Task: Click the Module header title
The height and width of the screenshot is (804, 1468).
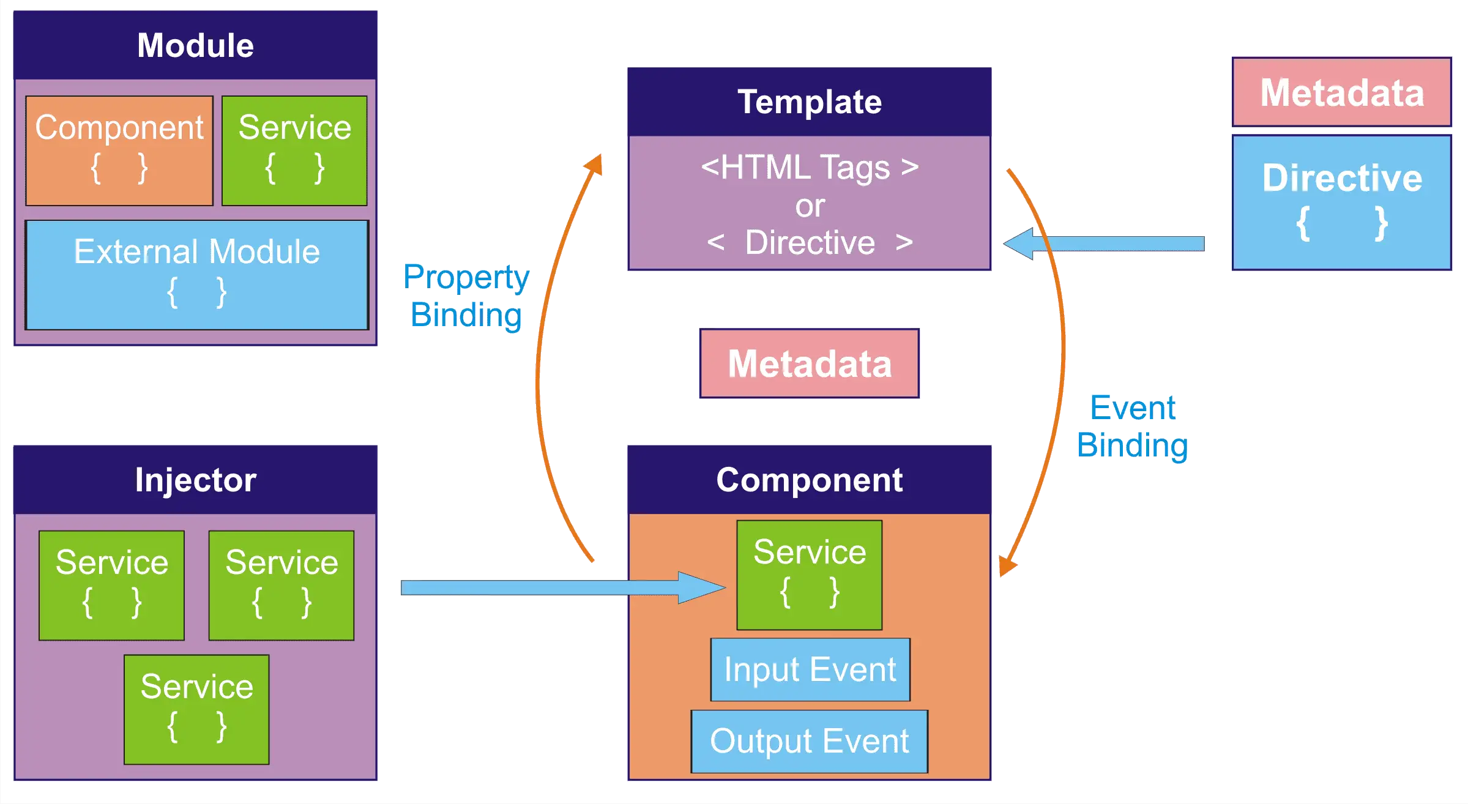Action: [195, 46]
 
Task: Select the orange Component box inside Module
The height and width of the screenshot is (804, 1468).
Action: [119, 151]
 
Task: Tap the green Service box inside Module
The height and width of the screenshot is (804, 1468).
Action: [294, 151]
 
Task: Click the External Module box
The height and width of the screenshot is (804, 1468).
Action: [197, 275]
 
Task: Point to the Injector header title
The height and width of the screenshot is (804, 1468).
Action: [196, 480]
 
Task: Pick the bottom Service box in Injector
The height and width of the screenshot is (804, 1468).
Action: [196, 710]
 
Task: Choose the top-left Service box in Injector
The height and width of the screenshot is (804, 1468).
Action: [111, 586]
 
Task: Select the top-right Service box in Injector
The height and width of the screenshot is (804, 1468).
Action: [281, 586]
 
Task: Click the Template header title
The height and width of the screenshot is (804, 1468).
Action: [810, 102]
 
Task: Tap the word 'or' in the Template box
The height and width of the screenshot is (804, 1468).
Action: [810, 206]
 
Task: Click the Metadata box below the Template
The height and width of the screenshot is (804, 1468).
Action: [810, 363]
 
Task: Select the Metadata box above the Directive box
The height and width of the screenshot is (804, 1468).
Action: [1342, 92]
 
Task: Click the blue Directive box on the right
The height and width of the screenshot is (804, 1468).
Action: [1342, 203]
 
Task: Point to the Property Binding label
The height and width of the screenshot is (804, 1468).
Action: [466, 296]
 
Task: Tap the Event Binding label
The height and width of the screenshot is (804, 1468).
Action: [1133, 426]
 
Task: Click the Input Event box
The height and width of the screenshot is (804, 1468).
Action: [810, 669]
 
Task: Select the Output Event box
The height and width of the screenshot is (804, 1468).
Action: [810, 741]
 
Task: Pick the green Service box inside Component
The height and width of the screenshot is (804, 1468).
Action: [810, 575]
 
